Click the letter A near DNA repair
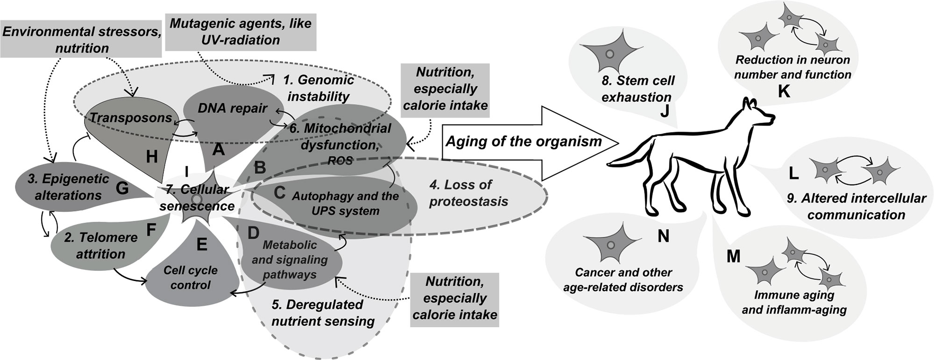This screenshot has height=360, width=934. (x=218, y=150)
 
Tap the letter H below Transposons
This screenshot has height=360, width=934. (x=152, y=157)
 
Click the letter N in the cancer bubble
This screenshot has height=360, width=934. (x=663, y=236)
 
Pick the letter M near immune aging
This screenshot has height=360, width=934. (x=734, y=257)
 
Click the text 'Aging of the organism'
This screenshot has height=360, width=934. (x=524, y=141)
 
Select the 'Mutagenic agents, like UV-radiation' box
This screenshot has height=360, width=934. (x=241, y=31)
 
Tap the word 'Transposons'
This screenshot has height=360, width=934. (x=131, y=118)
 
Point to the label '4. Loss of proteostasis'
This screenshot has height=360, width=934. (x=468, y=193)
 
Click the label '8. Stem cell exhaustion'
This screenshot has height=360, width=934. (x=638, y=89)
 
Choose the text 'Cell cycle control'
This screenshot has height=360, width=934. (x=191, y=277)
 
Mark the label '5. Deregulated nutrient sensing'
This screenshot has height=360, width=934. (x=323, y=313)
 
